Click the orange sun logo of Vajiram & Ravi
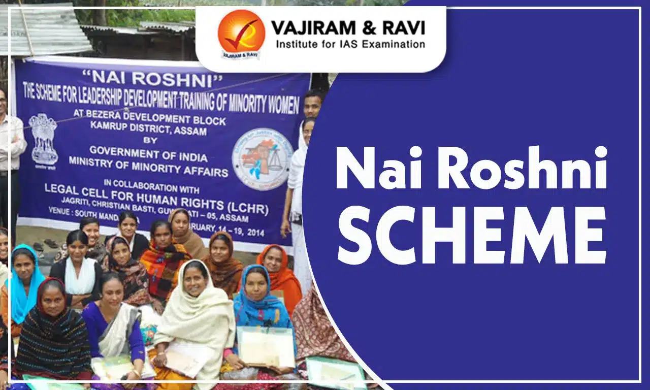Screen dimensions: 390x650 [x=241, y=32]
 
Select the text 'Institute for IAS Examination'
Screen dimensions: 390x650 [x=350, y=44]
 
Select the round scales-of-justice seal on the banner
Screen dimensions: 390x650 [x=263, y=159]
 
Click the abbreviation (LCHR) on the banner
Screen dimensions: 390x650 [x=249, y=209]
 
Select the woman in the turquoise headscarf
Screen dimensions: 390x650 [x=23, y=284]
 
